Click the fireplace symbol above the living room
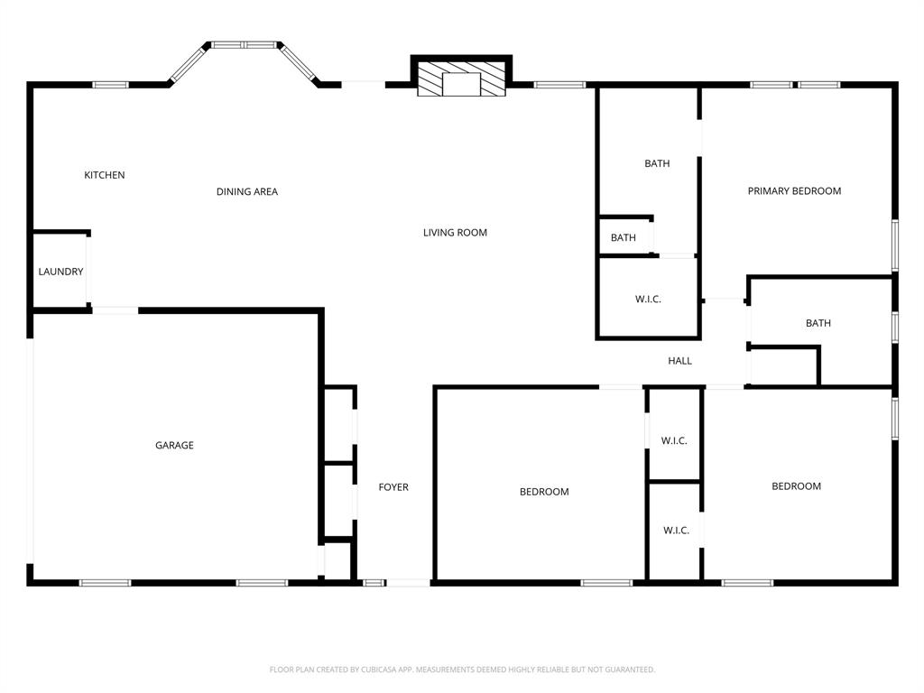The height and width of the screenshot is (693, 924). (x=461, y=79)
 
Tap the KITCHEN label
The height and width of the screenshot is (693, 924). (x=105, y=175)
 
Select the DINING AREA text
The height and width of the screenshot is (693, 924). (x=247, y=191)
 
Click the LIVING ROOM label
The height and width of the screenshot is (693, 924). (x=455, y=233)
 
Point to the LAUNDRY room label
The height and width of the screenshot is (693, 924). (x=60, y=272)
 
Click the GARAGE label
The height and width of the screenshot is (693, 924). (x=174, y=445)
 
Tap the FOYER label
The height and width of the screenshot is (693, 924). (x=393, y=487)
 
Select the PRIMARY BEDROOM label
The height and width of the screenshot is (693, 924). (x=794, y=191)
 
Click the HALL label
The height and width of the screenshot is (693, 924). (x=679, y=361)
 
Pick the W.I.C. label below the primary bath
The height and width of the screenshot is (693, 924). (x=648, y=299)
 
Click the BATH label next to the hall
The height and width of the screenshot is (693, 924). (x=818, y=323)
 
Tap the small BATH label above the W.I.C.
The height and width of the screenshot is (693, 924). (x=623, y=238)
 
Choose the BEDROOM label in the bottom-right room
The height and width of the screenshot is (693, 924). (x=796, y=486)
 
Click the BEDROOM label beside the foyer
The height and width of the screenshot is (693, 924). (x=544, y=492)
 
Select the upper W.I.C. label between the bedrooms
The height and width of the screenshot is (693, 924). (x=674, y=440)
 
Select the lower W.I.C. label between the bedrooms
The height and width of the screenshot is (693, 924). (x=676, y=530)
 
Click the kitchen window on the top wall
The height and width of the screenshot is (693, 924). (x=111, y=85)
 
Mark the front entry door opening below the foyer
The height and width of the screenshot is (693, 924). (x=408, y=583)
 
